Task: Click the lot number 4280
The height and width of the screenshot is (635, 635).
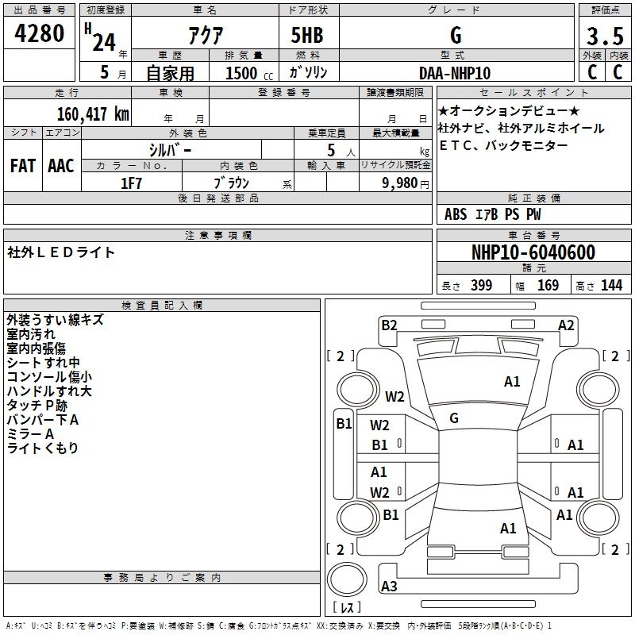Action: click(40, 35)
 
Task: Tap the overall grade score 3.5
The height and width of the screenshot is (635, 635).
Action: click(604, 37)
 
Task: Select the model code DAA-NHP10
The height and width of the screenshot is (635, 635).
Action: click(455, 73)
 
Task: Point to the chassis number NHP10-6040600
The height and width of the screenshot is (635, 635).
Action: click(533, 253)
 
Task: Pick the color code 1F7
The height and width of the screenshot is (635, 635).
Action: click(131, 183)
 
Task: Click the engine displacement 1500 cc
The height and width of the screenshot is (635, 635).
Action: click(242, 73)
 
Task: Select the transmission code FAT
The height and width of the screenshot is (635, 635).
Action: click(23, 165)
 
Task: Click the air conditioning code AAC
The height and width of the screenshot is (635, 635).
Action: click(61, 165)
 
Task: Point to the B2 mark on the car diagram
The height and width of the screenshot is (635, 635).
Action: click(389, 325)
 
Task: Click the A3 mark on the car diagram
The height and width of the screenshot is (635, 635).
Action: click(389, 587)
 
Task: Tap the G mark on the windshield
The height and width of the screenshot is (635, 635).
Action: click(454, 418)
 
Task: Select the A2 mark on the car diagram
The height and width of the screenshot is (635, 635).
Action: click(566, 325)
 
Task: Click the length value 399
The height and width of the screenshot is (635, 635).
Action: click(481, 286)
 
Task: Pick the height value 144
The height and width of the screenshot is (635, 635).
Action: click(611, 286)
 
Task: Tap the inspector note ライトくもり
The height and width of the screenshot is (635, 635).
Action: click(43, 448)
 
